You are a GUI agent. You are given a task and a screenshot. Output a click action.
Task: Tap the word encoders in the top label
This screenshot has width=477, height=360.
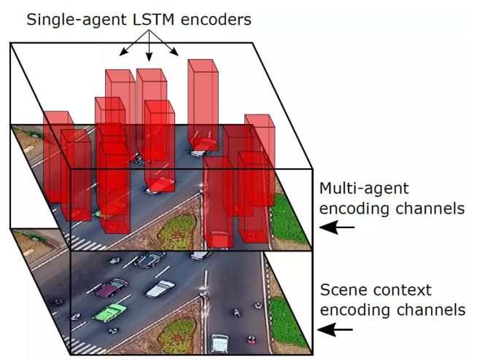[219, 19]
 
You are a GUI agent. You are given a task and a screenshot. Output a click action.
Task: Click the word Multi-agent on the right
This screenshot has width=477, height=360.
[364, 189]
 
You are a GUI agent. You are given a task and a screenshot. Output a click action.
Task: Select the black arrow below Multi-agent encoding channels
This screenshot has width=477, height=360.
[338, 228]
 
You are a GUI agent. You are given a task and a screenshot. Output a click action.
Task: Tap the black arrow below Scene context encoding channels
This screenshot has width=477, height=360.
[338, 330]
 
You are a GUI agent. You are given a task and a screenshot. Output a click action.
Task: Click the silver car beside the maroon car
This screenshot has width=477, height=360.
[160, 289]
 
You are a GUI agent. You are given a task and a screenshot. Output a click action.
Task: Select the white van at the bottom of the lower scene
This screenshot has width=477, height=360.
[219, 342]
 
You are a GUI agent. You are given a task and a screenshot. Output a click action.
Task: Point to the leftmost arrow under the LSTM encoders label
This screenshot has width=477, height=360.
[125, 48]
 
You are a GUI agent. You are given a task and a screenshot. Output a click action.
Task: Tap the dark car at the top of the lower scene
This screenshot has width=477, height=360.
[150, 259]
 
